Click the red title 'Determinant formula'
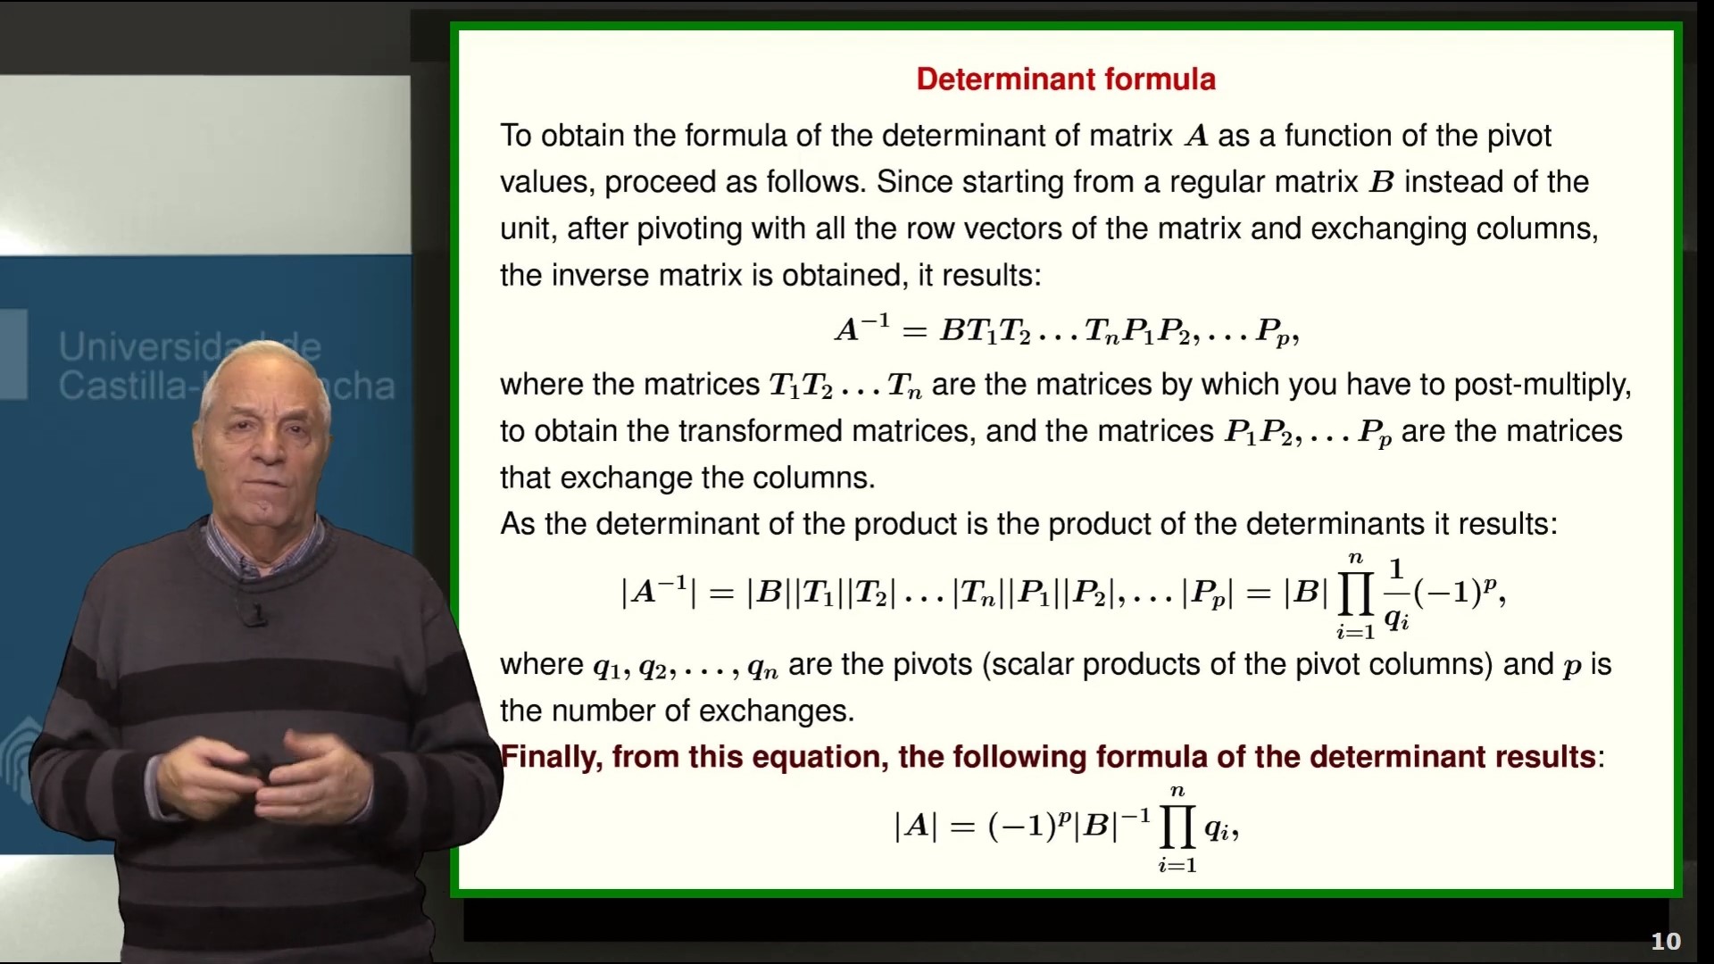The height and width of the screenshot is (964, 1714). click(x=1065, y=79)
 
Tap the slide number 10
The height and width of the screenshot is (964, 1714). click(x=1665, y=941)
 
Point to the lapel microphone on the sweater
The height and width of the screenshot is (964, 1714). click(x=256, y=614)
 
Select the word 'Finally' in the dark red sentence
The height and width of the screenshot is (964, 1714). click(x=551, y=757)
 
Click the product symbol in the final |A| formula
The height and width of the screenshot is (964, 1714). click(x=1177, y=827)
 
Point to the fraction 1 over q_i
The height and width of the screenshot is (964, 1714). click(x=1396, y=594)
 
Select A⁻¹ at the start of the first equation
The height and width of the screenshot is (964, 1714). click(x=861, y=329)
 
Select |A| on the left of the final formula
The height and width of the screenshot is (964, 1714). click(x=915, y=827)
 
